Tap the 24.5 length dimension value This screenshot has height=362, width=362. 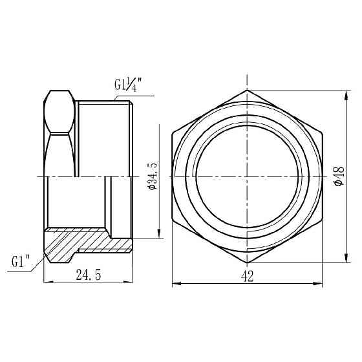pos(89,275)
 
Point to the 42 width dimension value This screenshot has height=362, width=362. pos(247,275)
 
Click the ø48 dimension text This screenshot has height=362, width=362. pos(337,176)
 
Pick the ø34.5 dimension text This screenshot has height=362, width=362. pos(153,176)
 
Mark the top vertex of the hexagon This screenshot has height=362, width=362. pos(247,90)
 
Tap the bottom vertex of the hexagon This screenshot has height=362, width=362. pos(247,262)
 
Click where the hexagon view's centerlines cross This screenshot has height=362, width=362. pos(247,176)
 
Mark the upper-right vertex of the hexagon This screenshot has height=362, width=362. pos(322,133)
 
